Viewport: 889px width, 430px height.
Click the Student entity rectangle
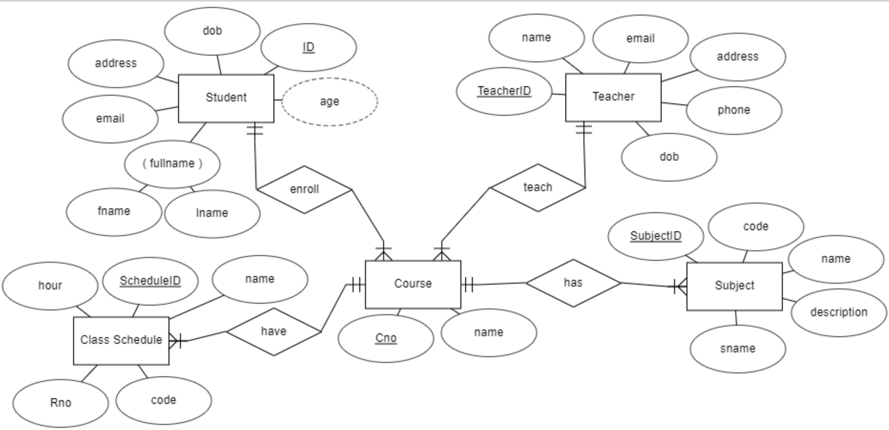tap(226, 98)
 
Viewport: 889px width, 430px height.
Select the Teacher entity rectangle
tap(613, 97)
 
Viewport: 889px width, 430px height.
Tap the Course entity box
tap(413, 284)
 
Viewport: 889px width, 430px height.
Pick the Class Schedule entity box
tap(121, 340)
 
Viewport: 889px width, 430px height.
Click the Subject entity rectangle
tap(734, 286)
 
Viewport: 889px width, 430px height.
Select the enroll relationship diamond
tap(304, 189)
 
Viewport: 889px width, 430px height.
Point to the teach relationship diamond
tap(537, 188)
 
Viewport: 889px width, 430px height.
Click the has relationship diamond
tap(572, 283)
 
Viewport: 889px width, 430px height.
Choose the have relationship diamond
tap(273, 331)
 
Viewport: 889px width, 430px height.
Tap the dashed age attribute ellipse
tap(329, 101)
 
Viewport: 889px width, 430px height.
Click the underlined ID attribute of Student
tap(308, 48)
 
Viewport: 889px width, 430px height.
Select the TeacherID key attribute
tap(504, 92)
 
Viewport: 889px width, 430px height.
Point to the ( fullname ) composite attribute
tap(172, 163)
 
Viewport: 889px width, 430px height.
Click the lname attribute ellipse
tap(212, 214)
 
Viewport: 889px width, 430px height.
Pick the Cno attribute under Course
tap(385, 338)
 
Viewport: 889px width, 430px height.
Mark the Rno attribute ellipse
tap(60, 403)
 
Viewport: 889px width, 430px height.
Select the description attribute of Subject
tap(838, 312)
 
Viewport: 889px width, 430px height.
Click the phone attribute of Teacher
tap(734, 110)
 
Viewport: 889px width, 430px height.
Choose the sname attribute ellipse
tap(738, 349)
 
